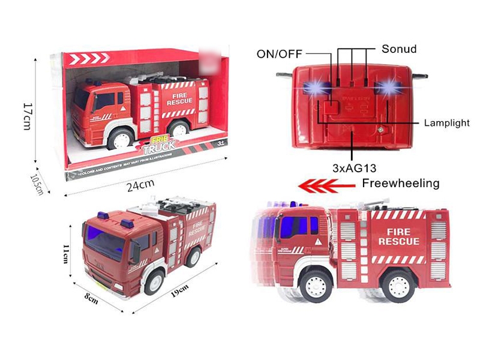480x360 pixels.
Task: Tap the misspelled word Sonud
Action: [399, 48]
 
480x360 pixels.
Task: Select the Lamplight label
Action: [446, 122]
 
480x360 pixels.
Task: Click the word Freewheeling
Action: [401, 183]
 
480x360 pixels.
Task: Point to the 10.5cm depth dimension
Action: [38, 183]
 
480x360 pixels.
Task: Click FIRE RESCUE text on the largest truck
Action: [399, 236]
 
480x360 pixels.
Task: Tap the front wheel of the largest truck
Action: [314, 286]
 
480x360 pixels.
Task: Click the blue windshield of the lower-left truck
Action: [106, 241]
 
